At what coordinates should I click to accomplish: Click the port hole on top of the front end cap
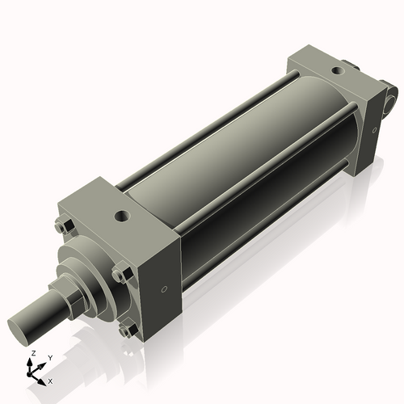(122, 216)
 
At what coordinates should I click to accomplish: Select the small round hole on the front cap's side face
(164, 288)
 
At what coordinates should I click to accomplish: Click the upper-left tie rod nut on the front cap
(65, 227)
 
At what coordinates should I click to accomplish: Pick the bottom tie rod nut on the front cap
(126, 330)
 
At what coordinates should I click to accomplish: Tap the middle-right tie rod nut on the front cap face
(120, 275)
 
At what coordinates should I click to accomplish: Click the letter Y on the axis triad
(49, 358)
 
